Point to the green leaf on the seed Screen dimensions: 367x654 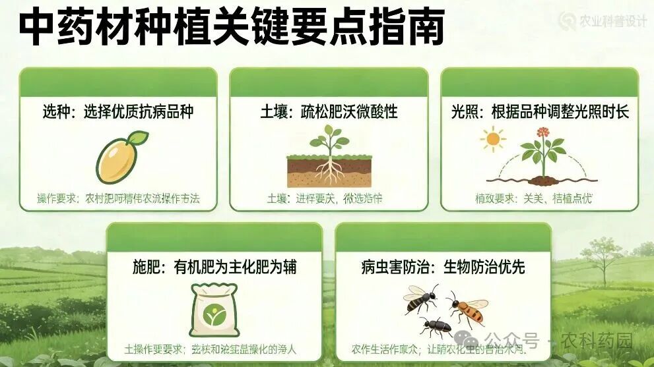click(x=138, y=138)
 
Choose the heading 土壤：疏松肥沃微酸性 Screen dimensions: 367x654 click(x=329, y=111)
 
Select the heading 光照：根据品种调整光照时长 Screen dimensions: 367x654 click(x=539, y=111)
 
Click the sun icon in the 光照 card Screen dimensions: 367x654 click(x=492, y=139)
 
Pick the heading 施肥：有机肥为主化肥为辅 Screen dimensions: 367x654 click(x=214, y=267)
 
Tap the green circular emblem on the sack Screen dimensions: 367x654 click(x=214, y=316)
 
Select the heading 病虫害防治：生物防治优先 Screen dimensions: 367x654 click(x=443, y=267)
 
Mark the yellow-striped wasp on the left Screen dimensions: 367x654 click(x=420, y=298)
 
